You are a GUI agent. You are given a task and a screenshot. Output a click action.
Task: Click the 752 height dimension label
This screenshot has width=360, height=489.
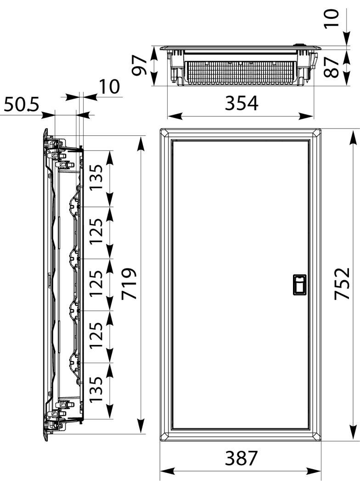tap(342, 284)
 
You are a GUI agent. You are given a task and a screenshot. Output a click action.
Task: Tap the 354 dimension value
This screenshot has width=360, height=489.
tap(242, 103)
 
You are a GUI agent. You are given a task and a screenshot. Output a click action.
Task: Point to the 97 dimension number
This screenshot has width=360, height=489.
tap(140, 66)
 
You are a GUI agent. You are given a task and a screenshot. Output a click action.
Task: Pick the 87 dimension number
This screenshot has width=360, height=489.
tap(331, 67)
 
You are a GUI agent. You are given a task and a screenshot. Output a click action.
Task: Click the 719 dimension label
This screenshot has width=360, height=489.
tap(129, 283)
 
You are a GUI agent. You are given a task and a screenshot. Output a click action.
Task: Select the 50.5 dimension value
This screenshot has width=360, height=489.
tap(22, 105)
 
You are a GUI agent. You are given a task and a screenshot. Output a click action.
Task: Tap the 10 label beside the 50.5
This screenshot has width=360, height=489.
tap(109, 86)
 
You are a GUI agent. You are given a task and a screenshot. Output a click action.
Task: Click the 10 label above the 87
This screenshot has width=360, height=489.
tap(331, 18)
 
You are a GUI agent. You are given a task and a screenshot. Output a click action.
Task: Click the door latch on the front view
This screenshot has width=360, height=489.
tap(299, 285)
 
